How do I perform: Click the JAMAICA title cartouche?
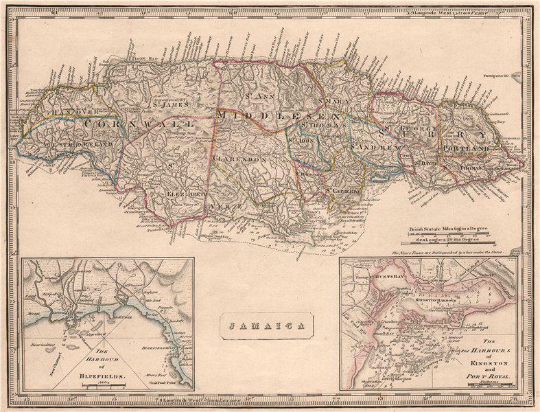point(267,326)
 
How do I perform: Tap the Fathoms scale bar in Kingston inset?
point(489,385)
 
